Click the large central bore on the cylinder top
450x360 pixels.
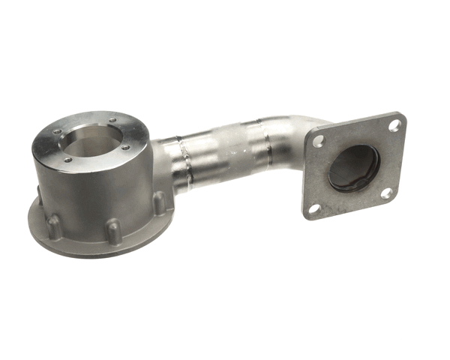coord(92,142)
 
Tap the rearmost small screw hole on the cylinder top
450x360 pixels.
coord(112,120)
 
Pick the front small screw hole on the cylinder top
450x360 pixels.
coord(67,159)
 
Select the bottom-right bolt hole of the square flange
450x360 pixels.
coord(386,193)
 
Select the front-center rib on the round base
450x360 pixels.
coord(111,232)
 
